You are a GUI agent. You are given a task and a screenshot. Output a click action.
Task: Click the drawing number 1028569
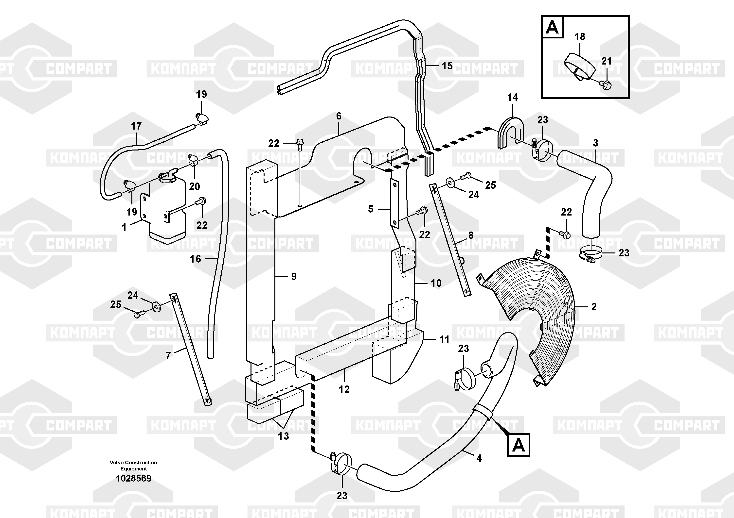click(133, 478)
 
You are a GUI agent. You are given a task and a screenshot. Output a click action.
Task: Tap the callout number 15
click(447, 66)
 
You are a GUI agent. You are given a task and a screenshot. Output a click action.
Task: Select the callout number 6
click(339, 116)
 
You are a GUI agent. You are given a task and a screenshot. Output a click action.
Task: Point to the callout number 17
click(136, 126)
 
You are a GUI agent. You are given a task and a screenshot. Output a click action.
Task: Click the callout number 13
click(283, 436)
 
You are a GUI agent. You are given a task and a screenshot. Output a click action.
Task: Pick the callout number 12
click(344, 389)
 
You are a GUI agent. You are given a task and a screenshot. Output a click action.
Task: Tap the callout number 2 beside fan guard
click(594, 307)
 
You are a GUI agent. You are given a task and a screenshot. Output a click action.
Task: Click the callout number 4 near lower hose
click(479, 459)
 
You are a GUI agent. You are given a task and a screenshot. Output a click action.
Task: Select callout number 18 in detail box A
click(580, 37)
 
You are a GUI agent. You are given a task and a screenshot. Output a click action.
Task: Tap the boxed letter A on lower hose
click(519, 445)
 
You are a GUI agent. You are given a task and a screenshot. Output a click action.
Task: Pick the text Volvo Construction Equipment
click(133, 465)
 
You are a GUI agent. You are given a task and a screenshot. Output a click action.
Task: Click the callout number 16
click(195, 259)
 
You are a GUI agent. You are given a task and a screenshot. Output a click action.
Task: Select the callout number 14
click(512, 97)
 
